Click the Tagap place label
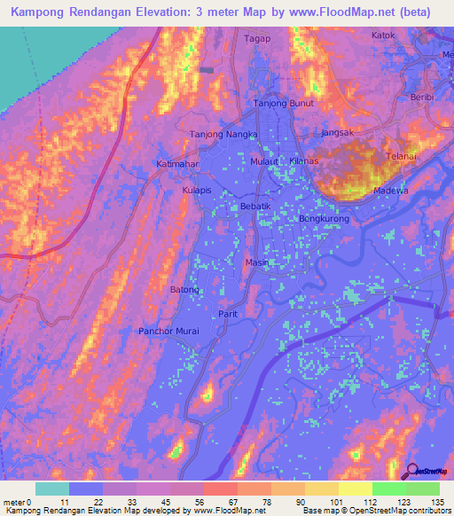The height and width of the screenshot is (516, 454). coord(256,39)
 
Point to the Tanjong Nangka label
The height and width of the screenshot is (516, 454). coord(223,135)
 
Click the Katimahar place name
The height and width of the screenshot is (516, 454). coord(178,165)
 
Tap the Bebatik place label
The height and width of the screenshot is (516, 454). coord(254,206)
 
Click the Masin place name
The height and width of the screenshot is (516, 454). coord(256,262)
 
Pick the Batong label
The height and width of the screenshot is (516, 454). coord(184,289)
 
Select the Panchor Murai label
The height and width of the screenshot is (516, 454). coord(168,331)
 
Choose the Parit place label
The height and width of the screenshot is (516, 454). coord(228,314)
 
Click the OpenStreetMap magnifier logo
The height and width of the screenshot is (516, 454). coord(411,471)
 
